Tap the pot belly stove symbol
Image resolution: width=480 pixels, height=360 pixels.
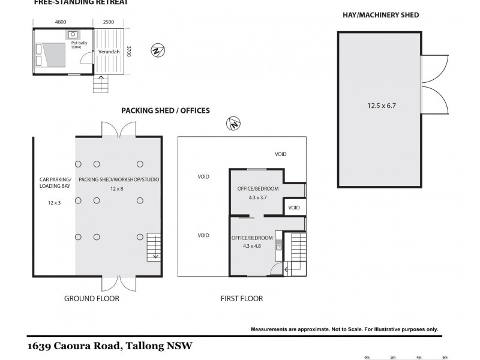click(x=73, y=35)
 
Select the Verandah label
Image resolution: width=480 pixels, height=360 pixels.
click(x=109, y=53)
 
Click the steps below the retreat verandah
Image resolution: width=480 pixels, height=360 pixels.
click(x=101, y=85)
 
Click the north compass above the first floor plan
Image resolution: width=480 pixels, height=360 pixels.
click(x=233, y=124)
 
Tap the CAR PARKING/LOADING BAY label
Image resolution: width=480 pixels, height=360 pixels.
click(x=54, y=183)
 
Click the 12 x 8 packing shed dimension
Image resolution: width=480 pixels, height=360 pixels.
click(x=118, y=189)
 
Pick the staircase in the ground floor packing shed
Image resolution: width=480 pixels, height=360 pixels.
click(x=154, y=247)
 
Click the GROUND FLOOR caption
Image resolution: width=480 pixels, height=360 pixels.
click(x=91, y=298)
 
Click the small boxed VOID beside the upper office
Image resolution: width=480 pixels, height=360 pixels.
click(x=293, y=208)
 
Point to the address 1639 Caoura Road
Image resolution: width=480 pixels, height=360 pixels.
click(x=110, y=346)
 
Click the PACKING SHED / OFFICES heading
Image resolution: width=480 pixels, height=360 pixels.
click(x=166, y=110)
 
